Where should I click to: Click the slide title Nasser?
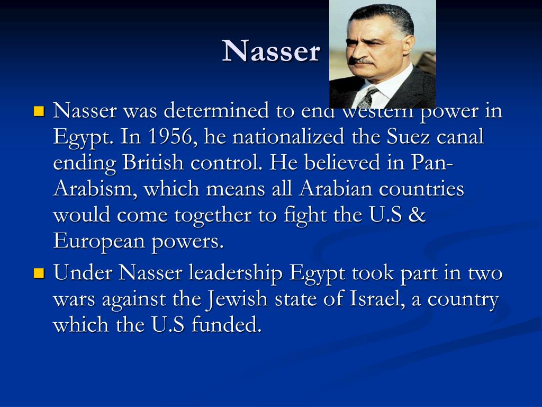coord(271,51)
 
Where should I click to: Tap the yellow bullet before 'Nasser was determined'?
coord(39,112)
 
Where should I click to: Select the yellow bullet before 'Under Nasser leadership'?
coord(39,274)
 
